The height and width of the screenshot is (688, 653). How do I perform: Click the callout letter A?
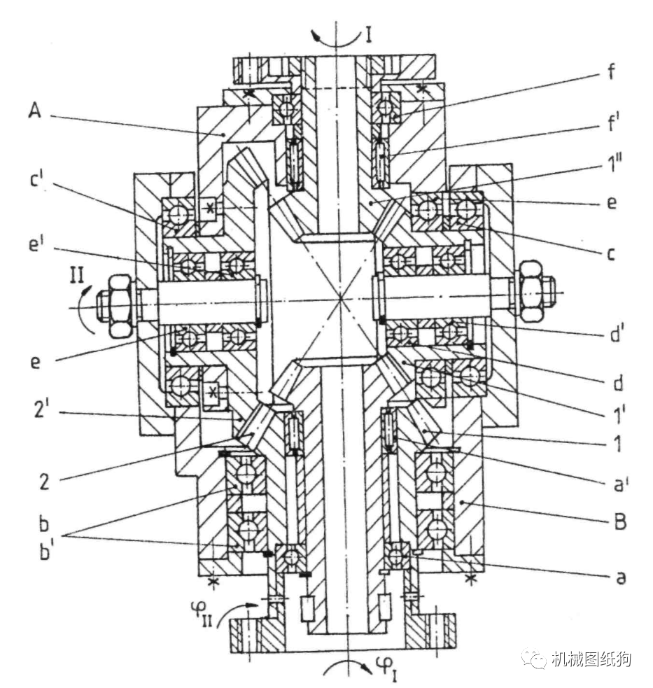click(x=35, y=110)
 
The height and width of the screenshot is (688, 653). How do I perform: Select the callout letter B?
click(x=620, y=522)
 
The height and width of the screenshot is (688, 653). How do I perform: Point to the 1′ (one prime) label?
click(x=619, y=414)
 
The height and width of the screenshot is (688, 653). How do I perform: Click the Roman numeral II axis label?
click(x=77, y=276)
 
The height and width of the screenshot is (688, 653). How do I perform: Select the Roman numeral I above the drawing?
click(x=369, y=35)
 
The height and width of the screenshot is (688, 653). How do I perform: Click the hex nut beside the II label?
click(x=119, y=305)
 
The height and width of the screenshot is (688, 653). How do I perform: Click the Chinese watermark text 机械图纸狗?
click(x=591, y=659)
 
